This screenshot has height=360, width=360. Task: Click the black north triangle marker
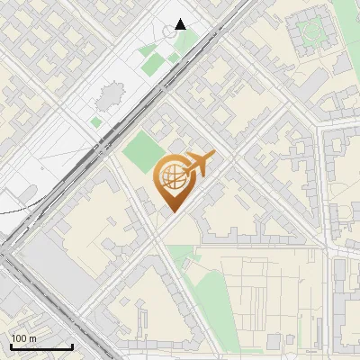181,24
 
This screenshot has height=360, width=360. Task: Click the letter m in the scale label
32,338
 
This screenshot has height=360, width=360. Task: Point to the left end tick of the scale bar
11,346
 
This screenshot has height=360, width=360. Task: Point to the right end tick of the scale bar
72,346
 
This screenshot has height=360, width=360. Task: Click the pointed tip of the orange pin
172,211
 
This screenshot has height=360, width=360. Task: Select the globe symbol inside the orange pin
172,176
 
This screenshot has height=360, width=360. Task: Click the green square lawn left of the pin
139,151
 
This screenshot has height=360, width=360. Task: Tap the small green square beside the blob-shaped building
96,121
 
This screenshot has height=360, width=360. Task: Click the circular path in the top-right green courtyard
311,31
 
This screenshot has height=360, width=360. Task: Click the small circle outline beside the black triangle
170,31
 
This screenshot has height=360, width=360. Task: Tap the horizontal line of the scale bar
41,347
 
